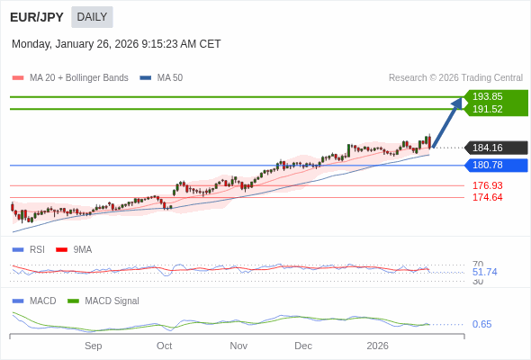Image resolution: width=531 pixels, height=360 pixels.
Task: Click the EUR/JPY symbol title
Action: (x=37, y=17)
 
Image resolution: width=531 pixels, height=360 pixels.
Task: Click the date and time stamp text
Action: (x=116, y=44)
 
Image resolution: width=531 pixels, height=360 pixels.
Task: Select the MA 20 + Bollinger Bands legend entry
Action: (x=78, y=78)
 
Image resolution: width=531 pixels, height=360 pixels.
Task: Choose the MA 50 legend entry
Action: (x=169, y=78)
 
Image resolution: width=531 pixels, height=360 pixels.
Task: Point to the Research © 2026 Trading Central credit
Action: (x=455, y=78)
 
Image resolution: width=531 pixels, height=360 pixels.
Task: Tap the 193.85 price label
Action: (x=487, y=96)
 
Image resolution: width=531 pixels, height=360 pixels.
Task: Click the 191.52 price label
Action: (x=487, y=109)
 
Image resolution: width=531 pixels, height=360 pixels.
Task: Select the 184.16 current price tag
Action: (x=487, y=148)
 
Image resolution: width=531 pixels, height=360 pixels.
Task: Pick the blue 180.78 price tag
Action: (x=487, y=165)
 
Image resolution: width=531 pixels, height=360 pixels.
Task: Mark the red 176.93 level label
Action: (x=487, y=185)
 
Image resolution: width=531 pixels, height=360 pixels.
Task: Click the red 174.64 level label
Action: (x=487, y=197)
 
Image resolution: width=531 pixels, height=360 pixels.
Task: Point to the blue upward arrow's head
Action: (x=456, y=103)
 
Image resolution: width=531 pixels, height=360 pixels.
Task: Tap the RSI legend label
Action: (x=37, y=249)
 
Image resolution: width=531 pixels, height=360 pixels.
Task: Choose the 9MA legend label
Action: (x=82, y=249)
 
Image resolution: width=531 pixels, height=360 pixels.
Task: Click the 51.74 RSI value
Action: (x=484, y=272)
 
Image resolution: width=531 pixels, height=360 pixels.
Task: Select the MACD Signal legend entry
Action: (x=112, y=301)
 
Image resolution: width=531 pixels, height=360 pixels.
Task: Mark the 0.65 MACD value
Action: (x=481, y=324)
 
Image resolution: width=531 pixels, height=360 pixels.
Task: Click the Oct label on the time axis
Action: (x=164, y=346)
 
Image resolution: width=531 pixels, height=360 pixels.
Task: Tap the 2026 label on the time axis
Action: (x=377, y=346)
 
